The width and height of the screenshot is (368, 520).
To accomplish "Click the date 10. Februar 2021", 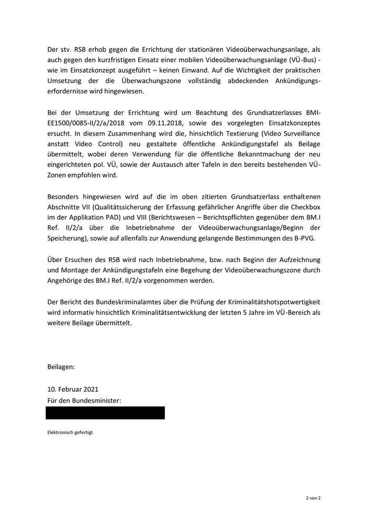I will tap(73, 389).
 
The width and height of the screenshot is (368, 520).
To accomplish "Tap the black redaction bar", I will tap(105, 413).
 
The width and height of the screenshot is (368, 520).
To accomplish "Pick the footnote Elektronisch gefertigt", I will tap(70, 433).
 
